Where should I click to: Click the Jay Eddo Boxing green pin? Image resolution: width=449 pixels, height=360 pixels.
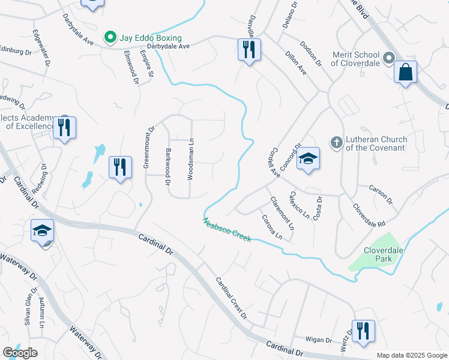[110, 38]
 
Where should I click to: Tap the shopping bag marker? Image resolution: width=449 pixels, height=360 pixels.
[406, 73]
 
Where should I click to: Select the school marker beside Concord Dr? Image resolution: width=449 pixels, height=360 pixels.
[308, 158]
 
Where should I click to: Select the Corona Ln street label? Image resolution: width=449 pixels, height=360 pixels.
[271, 227]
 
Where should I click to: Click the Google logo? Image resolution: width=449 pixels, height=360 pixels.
[20, 353]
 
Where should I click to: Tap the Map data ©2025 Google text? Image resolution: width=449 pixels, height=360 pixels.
[411, 355]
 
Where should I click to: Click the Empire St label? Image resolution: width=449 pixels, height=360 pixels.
[146, 64]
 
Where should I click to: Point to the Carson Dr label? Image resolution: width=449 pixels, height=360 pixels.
[381, 194]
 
